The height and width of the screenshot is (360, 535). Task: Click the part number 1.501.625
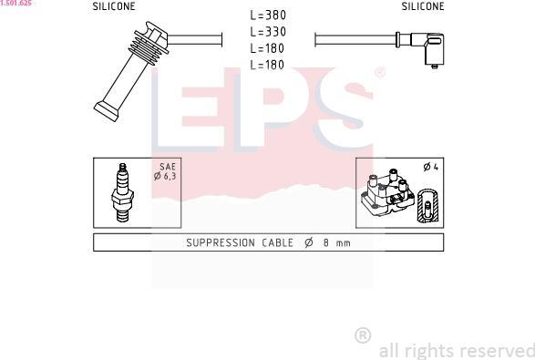point(15,3)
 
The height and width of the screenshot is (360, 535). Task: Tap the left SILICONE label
point(114,6)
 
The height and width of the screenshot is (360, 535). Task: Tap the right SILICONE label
point(423,6)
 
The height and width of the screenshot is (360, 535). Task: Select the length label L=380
point(268,15)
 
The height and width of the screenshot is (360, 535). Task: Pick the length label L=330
point(268,32)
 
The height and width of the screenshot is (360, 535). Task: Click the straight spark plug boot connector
point(131,71)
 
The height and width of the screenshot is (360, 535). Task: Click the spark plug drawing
point(122,192)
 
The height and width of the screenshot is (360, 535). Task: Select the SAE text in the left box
point(168,167)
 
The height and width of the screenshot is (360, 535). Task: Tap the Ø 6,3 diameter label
point(165,176)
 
